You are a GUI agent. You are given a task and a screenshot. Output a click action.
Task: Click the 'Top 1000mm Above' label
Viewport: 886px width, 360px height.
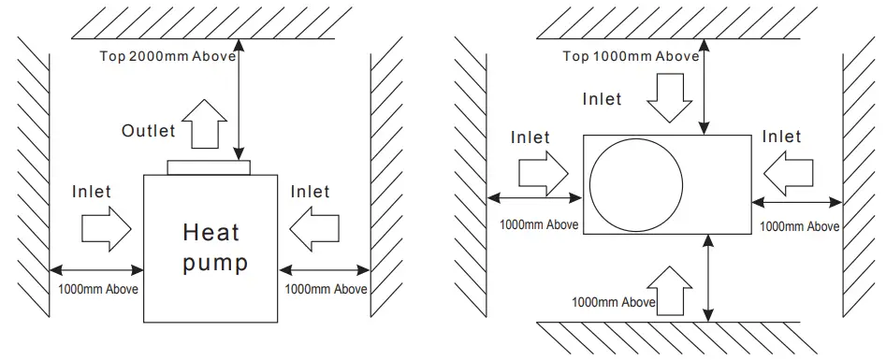631,55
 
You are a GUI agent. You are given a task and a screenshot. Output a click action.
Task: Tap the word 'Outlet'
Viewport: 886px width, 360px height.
148,131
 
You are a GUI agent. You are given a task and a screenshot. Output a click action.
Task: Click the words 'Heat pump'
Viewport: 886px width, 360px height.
215,247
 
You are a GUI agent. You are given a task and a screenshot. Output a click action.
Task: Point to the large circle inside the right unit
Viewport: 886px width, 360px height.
636,181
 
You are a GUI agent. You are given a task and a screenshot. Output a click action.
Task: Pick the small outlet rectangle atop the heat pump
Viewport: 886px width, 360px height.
209,167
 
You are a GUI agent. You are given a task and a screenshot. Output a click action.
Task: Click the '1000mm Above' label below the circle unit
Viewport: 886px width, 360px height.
613,302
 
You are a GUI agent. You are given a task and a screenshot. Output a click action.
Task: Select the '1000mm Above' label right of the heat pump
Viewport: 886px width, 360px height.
325,289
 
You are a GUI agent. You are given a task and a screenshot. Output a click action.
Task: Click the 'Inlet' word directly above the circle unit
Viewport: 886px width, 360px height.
602,98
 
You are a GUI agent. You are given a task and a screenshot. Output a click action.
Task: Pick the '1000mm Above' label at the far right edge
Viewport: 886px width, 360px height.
798,226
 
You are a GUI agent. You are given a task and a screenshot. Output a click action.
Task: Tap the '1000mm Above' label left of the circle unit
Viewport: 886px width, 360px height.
539,224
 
